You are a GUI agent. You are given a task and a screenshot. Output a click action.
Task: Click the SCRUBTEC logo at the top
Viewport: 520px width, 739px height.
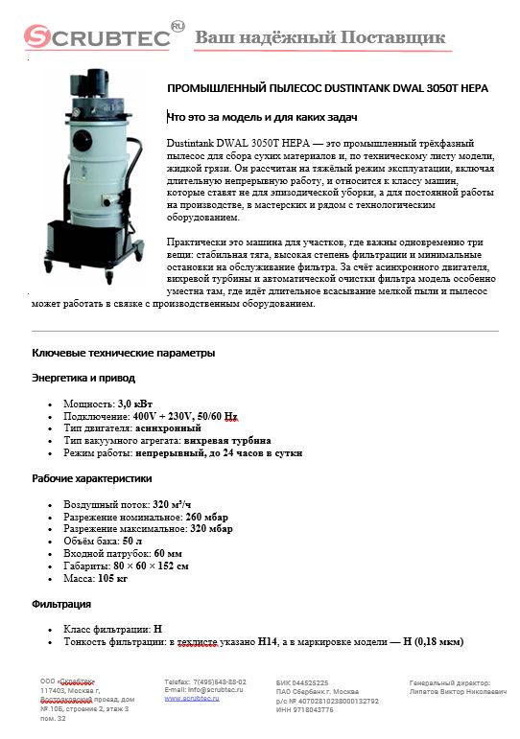96,36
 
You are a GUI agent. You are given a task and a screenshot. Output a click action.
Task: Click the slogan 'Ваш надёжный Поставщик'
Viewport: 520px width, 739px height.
320,37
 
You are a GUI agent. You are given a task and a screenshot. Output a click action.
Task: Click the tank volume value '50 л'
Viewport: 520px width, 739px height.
131,541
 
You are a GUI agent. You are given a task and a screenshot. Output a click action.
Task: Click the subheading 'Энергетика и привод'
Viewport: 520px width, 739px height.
83,378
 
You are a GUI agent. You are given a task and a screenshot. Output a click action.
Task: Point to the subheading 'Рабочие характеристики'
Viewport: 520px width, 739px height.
92,477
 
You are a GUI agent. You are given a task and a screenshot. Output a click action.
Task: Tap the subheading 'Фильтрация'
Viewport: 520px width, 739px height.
61,604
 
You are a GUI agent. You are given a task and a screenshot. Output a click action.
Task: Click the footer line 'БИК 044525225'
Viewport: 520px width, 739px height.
301,681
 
